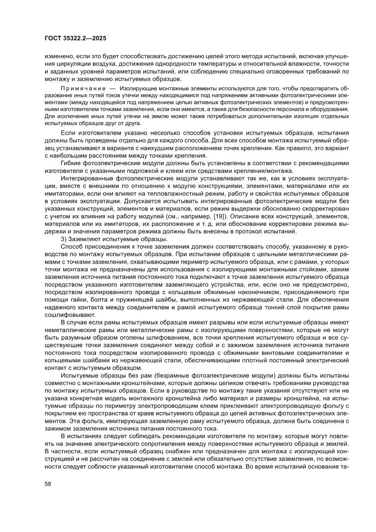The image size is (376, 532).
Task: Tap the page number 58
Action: coord(48,496)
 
